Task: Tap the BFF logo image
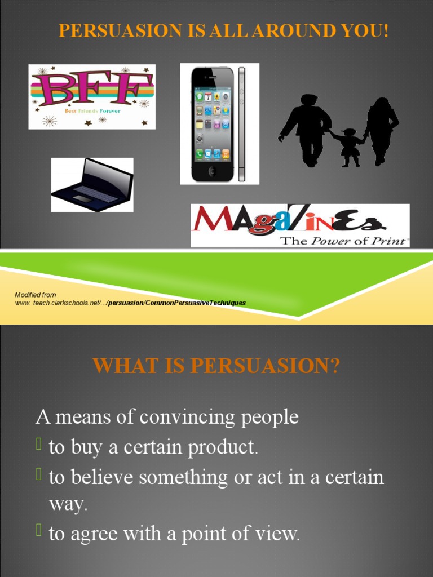(x=92, y=96)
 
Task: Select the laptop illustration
(x=92, y=185)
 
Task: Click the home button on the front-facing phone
(x=212, y=171)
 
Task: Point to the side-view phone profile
(x=241, y=124)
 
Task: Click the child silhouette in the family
(x=350, y=148)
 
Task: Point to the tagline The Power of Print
(x=344, y=241)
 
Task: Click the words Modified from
(x=35, y=295)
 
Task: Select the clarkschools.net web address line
(x=130, y=303)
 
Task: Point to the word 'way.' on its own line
(x=68, y=504)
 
